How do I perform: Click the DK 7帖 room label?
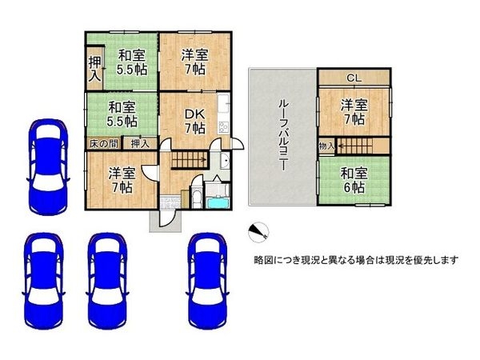click(x=194, y=121)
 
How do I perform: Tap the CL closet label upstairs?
click(x=353, y=78)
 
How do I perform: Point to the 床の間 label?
click(x=104, y=143)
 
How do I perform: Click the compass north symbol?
click(x=257, y=231)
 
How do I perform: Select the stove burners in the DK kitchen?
click(x=222, y=127)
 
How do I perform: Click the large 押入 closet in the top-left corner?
click(x=94, y=69)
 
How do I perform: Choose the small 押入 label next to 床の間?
click(x=139, y=143)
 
